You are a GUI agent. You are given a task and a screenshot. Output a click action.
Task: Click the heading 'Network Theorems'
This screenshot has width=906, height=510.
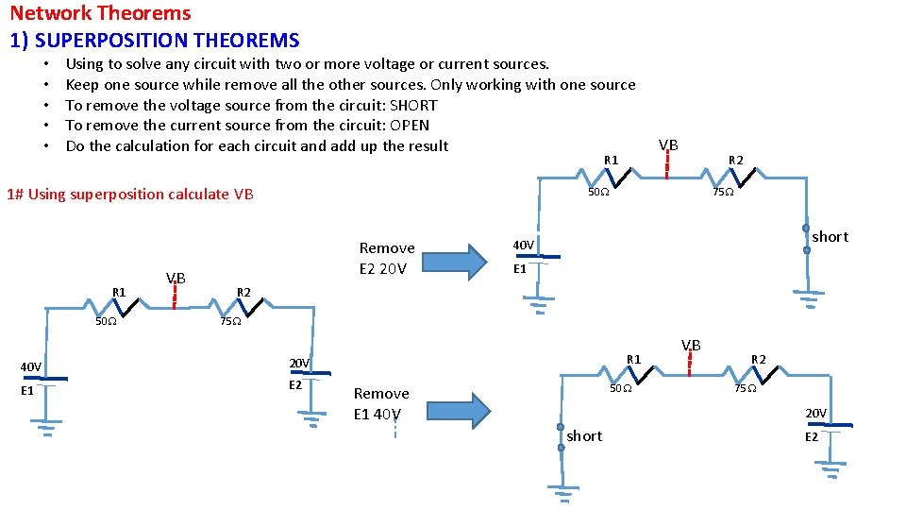click(x=100, y=13)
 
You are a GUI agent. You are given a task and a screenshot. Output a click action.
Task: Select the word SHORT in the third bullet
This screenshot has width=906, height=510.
click(x=413, y=105)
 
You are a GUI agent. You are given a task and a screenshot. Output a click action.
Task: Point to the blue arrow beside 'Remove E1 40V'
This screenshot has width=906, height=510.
click(x=462, y=409)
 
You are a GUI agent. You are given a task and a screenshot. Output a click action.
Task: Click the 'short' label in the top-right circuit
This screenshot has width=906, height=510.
click(x=830, y=236)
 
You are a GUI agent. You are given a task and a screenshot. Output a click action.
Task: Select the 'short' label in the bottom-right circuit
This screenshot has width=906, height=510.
click(x=584, y=435)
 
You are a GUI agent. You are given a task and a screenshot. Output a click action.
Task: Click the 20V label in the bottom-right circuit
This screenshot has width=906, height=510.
click(x=815, y=414)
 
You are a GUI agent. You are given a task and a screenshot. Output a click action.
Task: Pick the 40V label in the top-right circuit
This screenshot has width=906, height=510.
click(x=523, y=246)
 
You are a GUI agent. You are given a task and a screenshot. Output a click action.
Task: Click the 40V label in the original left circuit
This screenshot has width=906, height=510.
click(x=31, y=366)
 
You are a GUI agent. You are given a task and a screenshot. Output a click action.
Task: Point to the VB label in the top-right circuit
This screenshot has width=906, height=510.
click(x=667, y=144)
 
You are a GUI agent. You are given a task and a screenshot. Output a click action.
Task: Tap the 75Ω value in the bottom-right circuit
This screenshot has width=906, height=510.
click(x=745, y=388)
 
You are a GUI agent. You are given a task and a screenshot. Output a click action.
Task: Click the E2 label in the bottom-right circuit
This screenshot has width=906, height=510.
click(x=812, y=437)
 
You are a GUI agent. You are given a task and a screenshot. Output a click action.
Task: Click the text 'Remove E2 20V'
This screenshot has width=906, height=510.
click(x=387, y=258)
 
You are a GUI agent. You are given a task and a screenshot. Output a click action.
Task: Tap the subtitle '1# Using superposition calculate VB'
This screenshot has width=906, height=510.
click(x=129, y=195)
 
